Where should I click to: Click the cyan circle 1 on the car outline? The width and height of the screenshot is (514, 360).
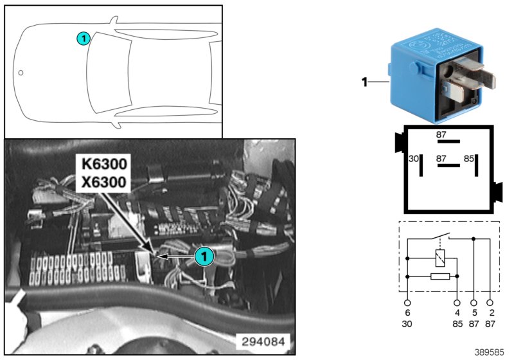83,39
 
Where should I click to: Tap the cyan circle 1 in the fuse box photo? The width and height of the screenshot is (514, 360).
203,256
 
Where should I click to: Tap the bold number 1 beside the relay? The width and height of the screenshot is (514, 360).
364,82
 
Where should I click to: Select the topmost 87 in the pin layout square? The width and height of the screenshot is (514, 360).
441,136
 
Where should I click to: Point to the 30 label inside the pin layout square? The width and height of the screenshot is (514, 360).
414,158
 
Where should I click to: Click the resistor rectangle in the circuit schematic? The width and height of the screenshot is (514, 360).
439,276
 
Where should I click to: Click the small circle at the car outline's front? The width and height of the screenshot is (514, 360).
21,73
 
